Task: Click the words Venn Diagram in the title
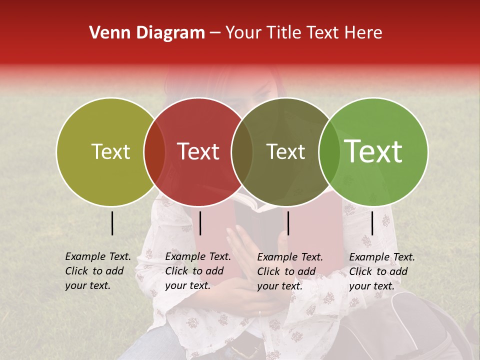pyautogui.click(x=147, y=33)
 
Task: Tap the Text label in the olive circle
pyautogui.click(x=110, y=151)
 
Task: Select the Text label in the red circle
pyautogui.click(x=198, y=151)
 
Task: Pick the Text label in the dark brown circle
pyautogui.click(x=285, y=151)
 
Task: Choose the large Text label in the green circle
pyautogui.click(x=373, y=151)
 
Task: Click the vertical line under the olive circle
pyautogui.click(x=112, y=223)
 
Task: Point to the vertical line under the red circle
pyautogui.click(x=200, y=223)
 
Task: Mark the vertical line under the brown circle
pyautogui.click(x=288, y=223)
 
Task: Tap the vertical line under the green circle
pyautogui.click(x=372, y=223)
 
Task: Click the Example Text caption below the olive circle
pyautogui.click(x=97, y=271)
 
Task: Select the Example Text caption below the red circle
pyautogui.click(x=197, y=271)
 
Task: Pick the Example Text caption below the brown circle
pyautogui.click(x=289, y=271)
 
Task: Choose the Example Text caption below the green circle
pyautogui.click(x=381, y=271)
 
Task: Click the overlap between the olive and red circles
pyautogui.click(x=154, y=151)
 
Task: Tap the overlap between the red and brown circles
pyautogui.click(x=242, y=151)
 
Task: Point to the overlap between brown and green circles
pyautogui.click(x=329, y=151)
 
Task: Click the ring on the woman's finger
pyautogui.click(x=259, y=313)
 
